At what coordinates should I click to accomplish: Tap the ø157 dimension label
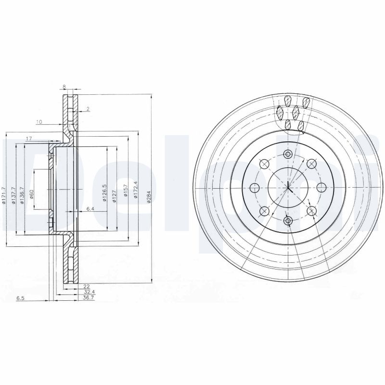pos(126,192)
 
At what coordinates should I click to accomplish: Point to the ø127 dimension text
pos(115,196)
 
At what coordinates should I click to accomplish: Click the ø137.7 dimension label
pos(13,196)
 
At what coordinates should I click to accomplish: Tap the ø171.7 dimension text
pos(4,196)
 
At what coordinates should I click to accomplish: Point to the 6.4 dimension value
pos(90,209)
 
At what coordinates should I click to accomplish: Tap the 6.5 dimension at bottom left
pos(20,298)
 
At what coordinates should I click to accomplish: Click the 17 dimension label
pos(28,139)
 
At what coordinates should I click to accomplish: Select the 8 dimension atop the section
pos(64,86)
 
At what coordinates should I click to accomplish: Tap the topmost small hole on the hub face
pos(288,154)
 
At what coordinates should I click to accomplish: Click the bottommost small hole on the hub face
pos(288,220)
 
